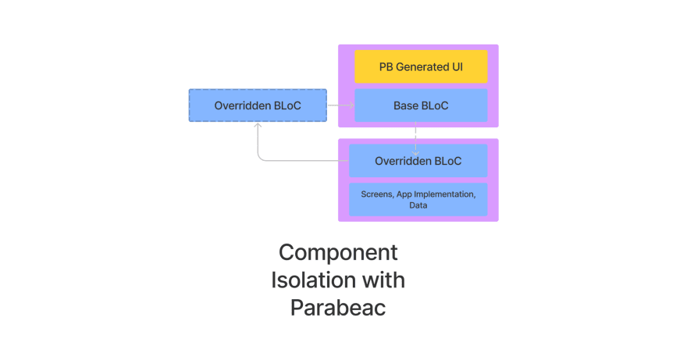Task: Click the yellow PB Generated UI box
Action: click(x=421, y=66)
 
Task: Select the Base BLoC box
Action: click(x=421, y=105)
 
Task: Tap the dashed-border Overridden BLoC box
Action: click(x=258, y=105)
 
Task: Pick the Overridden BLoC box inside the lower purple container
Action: click(x=418, y=161)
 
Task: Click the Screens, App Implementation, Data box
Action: click(x=418, y=199)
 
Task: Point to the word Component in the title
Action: click(x=338, y=252)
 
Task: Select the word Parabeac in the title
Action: click(x=338, y=307)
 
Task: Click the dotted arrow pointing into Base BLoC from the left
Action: click(x=341, y=105)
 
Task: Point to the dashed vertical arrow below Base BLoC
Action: click(x=415, y=139)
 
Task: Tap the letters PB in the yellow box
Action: click(x=386, y=67)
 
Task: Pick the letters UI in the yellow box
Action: click(x=457, y=67)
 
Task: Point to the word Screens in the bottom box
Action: click(x=377, y=194)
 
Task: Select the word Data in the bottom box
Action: click(x=418, y=205)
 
